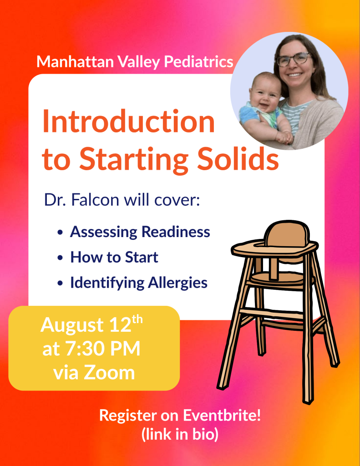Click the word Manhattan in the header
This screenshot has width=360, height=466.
pos(75,61)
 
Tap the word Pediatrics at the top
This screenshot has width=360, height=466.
pos(198,62)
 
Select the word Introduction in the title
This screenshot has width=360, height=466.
pos(128,121)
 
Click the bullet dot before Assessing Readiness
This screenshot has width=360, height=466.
pos(60,232)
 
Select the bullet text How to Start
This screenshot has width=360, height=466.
pos(114,257)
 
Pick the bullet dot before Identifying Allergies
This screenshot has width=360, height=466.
pos(60,283)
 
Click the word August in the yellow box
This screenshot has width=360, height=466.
pos(72,325)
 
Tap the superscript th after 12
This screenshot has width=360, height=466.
pos(137,320)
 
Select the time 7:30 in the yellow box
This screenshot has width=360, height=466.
pos(82,349)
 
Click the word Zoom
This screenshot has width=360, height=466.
pos(109,373)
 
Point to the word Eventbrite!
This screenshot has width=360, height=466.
pos(222,415)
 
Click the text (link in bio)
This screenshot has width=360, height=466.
pos(180,434)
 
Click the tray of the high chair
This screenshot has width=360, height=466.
pos(275,249)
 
